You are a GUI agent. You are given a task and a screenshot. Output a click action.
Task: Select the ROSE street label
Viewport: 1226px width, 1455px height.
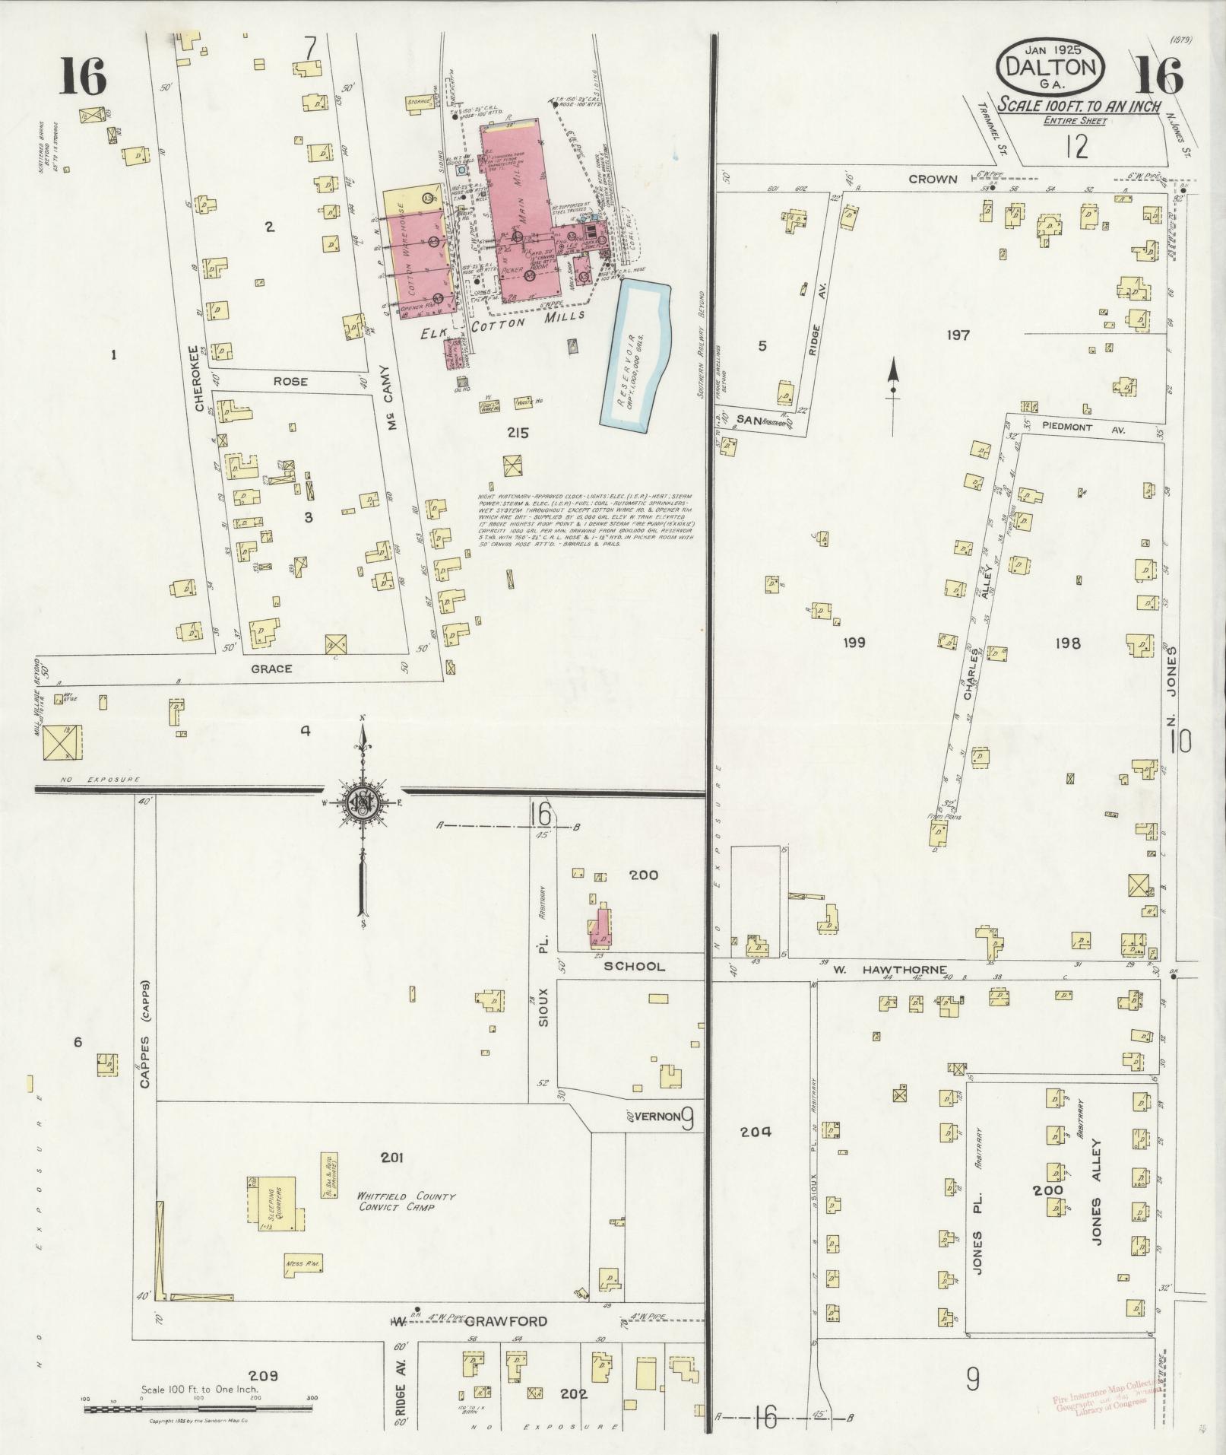tap(290, 381)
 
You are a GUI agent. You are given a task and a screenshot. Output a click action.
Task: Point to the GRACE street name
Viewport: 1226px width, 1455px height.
tap(271, 669)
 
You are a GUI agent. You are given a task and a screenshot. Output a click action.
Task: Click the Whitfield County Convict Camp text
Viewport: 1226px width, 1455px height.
tap(407, 1202)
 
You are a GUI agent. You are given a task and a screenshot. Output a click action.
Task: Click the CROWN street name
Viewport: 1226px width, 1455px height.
tap(933, 179)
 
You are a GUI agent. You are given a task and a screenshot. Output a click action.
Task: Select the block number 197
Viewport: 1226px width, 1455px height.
tap(958, 334)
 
